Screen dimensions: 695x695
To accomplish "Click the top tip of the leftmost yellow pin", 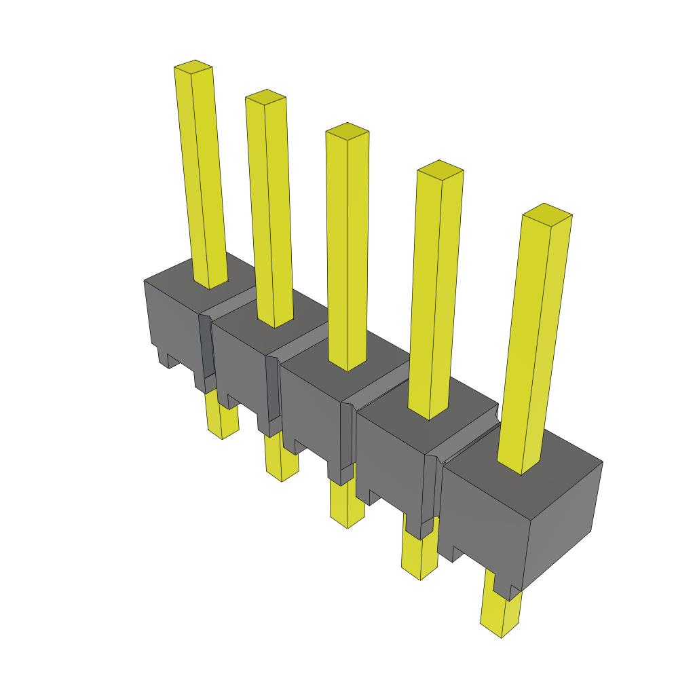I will point(194,67).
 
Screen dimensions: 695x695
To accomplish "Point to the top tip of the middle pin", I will point(347,130).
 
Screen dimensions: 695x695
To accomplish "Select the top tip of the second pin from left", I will point(265,96).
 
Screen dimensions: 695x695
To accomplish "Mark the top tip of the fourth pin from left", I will point(440,169).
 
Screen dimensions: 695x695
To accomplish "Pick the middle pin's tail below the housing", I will point(346,506).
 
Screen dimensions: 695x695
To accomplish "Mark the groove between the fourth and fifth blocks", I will point(468,441).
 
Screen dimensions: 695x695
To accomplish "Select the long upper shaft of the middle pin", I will point(347,251).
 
